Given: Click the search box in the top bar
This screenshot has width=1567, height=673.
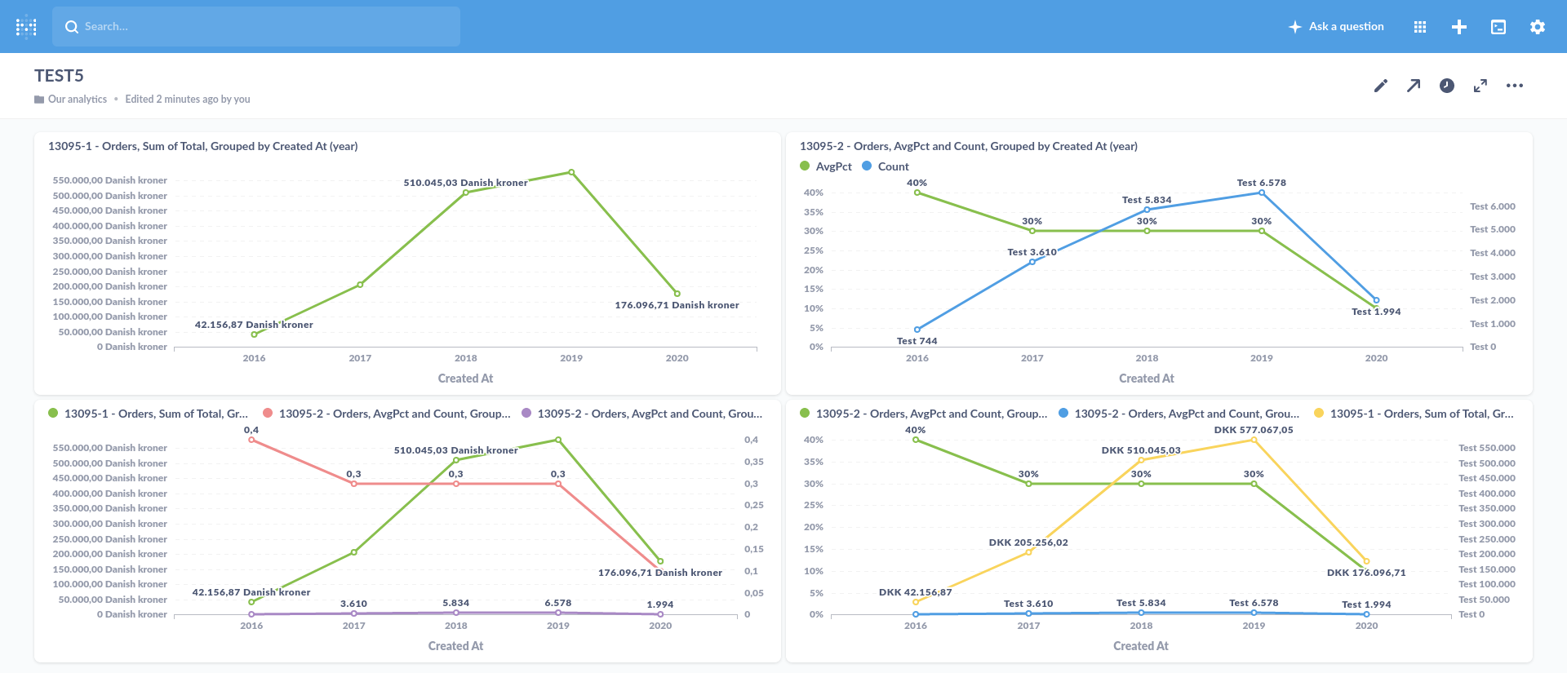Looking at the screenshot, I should pyautogui.click(x=256, y=26).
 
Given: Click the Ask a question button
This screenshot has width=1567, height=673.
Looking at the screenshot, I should pyautogui.click(x=1336, y=26).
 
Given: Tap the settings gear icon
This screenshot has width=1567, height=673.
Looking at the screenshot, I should pyautogui.click(x=1537, y=27).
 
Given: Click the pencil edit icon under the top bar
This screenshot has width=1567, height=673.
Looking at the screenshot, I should pyautogui.click(x=1380, y=86).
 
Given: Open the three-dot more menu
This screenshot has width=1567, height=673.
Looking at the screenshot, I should pyautogui.click(x=1514, y=86).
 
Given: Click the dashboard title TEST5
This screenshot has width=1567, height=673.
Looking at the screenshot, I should pyautogui.click(x=59, y=76).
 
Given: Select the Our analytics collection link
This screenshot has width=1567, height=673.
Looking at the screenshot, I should pyautogui.click(x=77, y=99).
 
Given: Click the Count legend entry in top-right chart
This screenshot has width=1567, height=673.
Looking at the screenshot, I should pyautogui.click(x=893, y=166).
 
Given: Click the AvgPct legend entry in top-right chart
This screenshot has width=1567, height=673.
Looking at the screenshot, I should pyautogui.click(x=833, y=166).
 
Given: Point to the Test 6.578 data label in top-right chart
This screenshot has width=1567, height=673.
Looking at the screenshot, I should pyautogui.click(x=1261, y=183).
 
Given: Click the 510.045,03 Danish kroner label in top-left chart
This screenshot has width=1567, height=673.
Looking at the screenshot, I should pyautogui.click(x=465, y=183).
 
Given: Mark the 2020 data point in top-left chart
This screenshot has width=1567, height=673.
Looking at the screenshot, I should pyautogui.click(x=677, y=294).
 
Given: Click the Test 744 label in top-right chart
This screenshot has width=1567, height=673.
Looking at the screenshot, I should pyautogui.click(x=917, y=341).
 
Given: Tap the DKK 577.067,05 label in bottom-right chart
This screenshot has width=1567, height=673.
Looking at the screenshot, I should pyautogui.click(x=1253, y=430).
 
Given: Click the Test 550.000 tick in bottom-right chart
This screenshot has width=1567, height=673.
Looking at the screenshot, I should pyautogui.click(x=1486, y=448).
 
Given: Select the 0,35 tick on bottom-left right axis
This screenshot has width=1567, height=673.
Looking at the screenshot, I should pyautogui.click(x=753, y=462).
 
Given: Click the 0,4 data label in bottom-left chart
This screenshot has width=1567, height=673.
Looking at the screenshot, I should pyautogui.click(x=251, y=430).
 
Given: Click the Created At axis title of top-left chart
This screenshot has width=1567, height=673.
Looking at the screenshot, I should pyautogui.click(x=465, y=379).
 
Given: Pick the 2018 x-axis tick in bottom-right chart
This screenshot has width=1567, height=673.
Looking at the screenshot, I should pyautogui.click(x=1141, y=626).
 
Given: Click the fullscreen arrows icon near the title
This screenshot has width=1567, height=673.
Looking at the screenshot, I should pyautogui.click(x=1480, y=86).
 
